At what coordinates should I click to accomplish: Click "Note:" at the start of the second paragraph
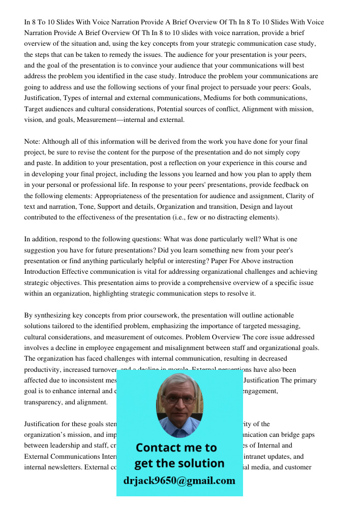click(32, 142)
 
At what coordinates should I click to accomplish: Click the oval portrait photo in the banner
click(179, 405)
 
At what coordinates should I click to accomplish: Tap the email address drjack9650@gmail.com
click(179, 481)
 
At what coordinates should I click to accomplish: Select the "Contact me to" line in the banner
click(176, 448)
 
